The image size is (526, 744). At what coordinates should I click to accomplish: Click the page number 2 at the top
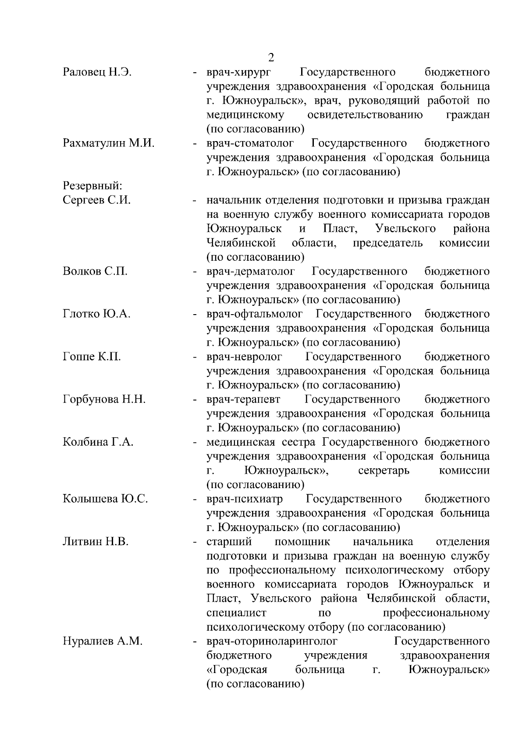tap(271, 57)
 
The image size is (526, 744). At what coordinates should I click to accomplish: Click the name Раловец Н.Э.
tap(97, 72)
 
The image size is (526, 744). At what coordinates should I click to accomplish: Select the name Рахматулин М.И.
tap(109, 143)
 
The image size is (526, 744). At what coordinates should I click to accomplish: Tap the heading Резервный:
tap(92, 186)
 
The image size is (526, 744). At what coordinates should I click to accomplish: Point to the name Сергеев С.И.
tap(97, 200)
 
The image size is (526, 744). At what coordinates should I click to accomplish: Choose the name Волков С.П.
tap(95, 271)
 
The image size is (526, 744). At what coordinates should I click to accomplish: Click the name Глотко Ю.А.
tap(97, 314)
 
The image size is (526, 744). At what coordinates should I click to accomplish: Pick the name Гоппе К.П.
tap(92, 357)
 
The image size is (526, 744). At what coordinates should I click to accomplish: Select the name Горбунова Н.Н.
tap(104, 399)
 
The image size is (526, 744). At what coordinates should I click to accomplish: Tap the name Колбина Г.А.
tap(98, 442)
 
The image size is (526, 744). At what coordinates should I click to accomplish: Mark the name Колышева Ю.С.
tap(105, 499)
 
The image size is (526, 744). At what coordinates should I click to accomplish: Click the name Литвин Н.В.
tap(96, 542)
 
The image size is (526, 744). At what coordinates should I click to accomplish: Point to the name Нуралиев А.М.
tap(103, 641)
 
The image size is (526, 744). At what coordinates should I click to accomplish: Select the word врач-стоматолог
tap(250, 143)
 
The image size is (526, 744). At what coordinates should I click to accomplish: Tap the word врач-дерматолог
tap(251, 271)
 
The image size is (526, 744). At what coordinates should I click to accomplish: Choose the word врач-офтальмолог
tap(255, 314)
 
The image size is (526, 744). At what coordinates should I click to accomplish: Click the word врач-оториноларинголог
tap(272, 641)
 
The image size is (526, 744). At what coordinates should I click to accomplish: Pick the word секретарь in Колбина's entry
tap(384, 471)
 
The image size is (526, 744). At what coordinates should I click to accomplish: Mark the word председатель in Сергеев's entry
tap(387, 243)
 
